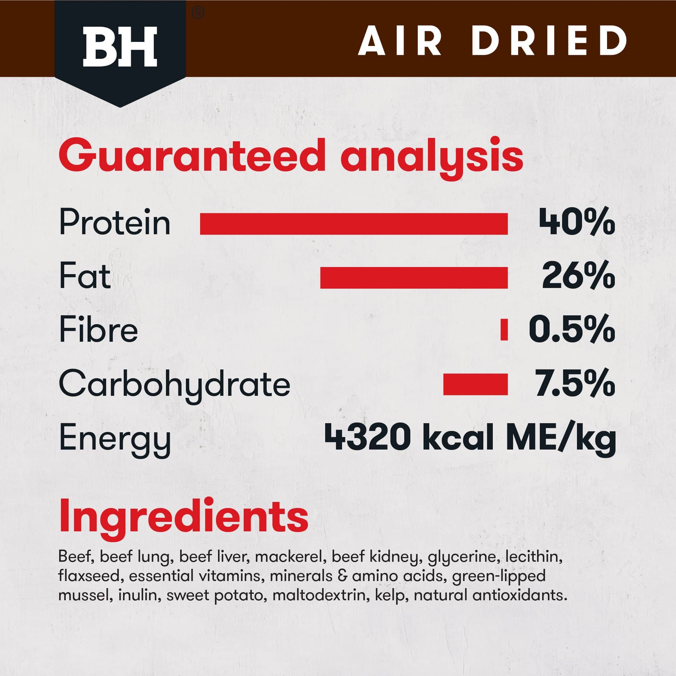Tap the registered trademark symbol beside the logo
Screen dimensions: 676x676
198,14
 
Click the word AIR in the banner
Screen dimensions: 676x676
399,41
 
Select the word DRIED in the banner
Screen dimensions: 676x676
548,41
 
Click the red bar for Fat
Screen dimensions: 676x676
414,278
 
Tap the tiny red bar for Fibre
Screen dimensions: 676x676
504,330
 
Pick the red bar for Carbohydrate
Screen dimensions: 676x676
476,385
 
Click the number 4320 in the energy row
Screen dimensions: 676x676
367,437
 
